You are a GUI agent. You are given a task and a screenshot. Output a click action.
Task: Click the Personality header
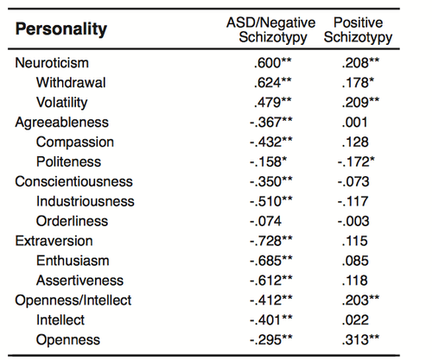click(x=61, y=29)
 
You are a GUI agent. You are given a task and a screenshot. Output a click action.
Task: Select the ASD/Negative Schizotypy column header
click(x=271, y=30)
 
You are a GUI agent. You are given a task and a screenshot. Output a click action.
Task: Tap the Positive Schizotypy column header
click(x=358, y=30)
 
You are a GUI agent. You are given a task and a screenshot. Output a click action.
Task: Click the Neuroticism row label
click(x=52, y=63)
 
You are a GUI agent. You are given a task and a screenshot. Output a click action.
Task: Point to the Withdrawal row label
click(x=71, y=83)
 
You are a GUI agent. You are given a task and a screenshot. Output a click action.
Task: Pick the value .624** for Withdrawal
click(x=272, y=83)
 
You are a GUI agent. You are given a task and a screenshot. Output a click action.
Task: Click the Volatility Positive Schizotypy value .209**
click(x=360, y=103)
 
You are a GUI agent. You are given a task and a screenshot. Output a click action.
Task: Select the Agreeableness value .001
click(x=354, y=123)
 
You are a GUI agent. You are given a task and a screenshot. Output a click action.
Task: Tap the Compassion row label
click(x=75, y=142)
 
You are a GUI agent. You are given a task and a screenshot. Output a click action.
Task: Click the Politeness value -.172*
click(x=356, y=161)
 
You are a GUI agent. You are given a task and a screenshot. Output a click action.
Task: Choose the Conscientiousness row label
click(x=73, y=181)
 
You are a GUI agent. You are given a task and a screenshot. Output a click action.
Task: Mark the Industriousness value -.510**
click(x=270, y=201)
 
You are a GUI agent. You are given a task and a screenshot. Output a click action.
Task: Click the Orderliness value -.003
click(x=353, y=221)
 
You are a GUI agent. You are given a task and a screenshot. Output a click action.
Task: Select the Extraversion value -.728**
click(x=270, y=241)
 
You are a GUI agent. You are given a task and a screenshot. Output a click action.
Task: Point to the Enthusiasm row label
click(x=73, y=261)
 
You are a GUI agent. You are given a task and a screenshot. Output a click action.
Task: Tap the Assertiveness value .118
click(x=354, y=281)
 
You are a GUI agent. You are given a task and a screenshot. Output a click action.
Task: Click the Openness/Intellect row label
click(x=73, y=300)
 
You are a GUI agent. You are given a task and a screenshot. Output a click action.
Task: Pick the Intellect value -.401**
click(x=270, y=320)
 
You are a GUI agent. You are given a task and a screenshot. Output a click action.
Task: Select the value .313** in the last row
click(x=360, y=340)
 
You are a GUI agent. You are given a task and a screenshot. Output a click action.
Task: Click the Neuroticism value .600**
click(x=272, y=63)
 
